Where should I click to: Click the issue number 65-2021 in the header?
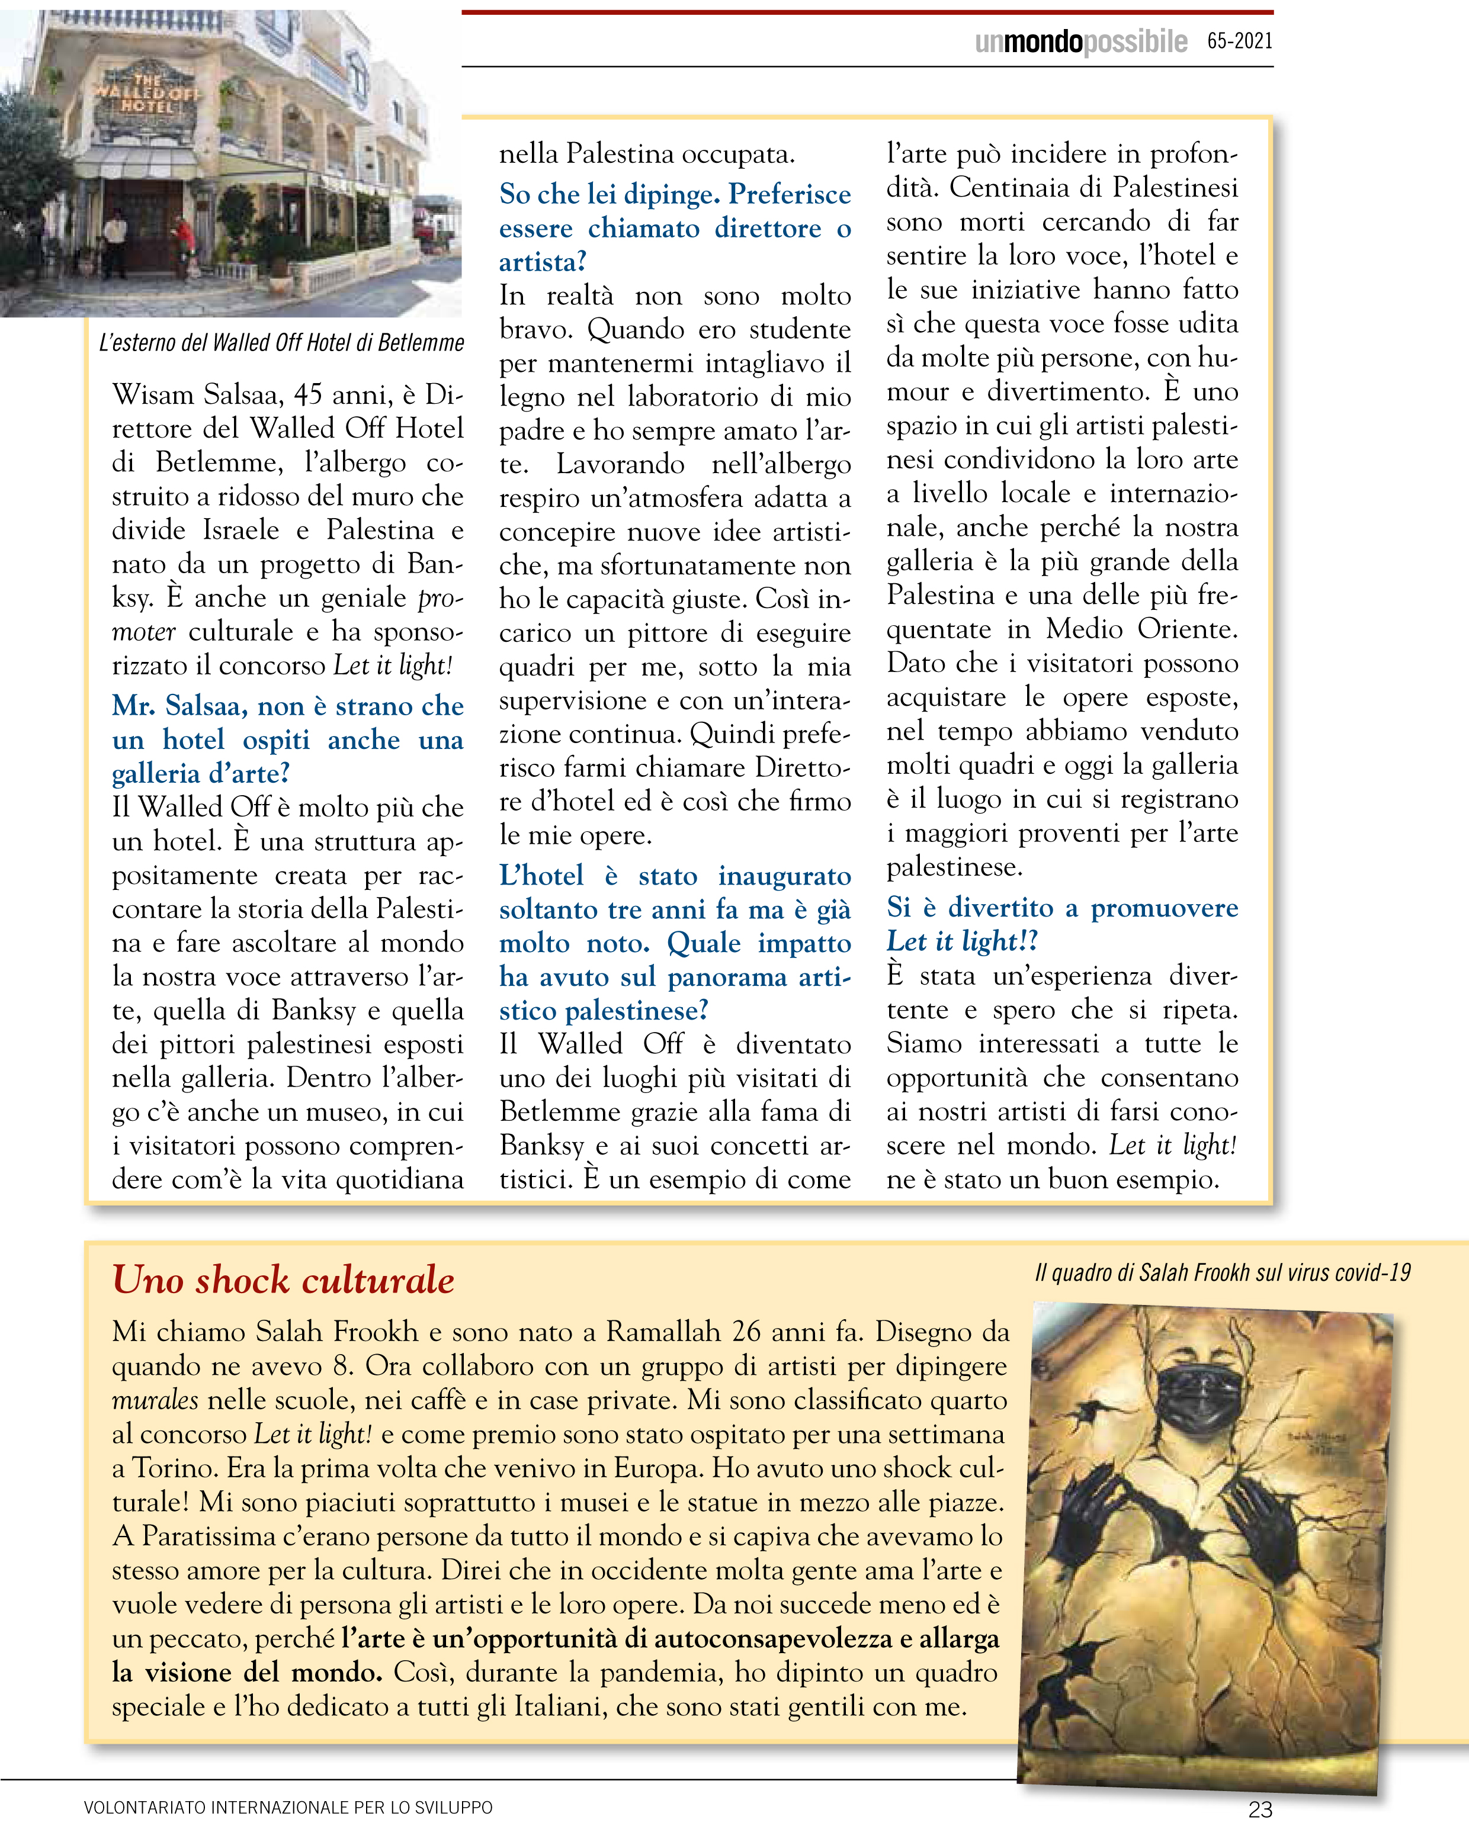tap(1239, 41)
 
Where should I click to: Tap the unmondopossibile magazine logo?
tap(1080, 41)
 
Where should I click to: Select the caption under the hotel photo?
tap(281, 342)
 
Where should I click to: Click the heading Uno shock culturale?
tap(283, 1280)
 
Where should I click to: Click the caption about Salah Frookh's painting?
tap(1223, 1273)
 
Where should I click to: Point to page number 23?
tap(1260, 1809)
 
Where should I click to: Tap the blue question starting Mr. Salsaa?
tap(287, 740)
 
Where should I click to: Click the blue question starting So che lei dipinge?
tap(674, 228)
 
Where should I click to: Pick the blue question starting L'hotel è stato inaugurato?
tap(674, 943)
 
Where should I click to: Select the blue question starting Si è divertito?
tap(1061, 924)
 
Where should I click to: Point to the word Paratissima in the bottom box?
tap(209, 1535)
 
